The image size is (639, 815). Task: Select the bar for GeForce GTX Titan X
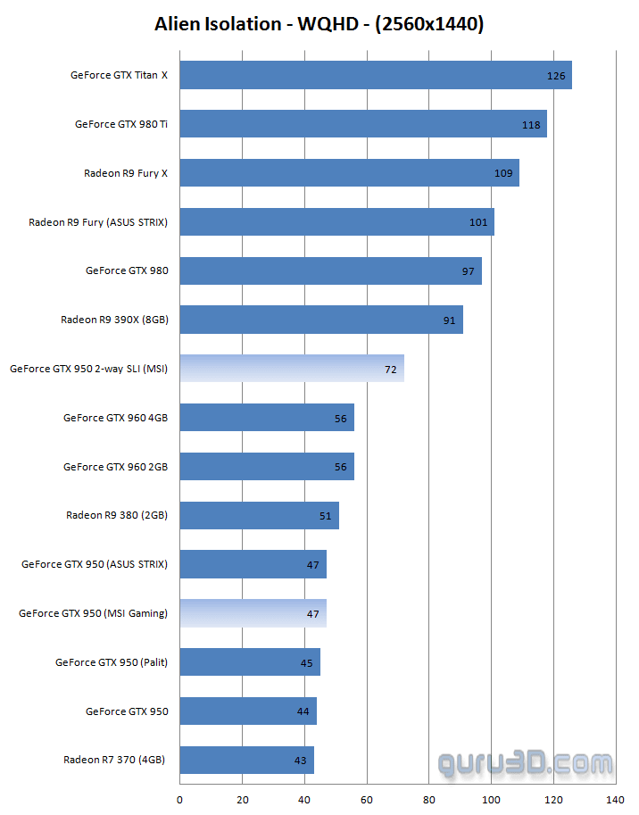375,75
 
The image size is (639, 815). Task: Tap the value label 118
531,125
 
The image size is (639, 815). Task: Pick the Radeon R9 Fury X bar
349,173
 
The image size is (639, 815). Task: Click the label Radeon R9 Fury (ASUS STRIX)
98,222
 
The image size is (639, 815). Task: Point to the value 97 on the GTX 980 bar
468,271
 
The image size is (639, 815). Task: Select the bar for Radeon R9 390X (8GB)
321,320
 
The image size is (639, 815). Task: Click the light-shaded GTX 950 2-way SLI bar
291,369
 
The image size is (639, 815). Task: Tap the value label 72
391,369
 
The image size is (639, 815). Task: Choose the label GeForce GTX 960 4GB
115,418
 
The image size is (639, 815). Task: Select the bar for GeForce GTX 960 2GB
267,466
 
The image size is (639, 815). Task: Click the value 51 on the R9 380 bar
325,516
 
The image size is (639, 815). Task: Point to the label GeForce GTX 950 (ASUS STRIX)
95,564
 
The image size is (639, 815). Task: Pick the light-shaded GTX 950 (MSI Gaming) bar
253,613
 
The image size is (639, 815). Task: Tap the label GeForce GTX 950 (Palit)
112,662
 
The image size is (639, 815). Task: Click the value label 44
303,711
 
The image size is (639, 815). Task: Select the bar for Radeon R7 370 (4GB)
246,760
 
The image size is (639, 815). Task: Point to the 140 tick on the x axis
615,800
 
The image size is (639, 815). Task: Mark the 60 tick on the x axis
367,800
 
